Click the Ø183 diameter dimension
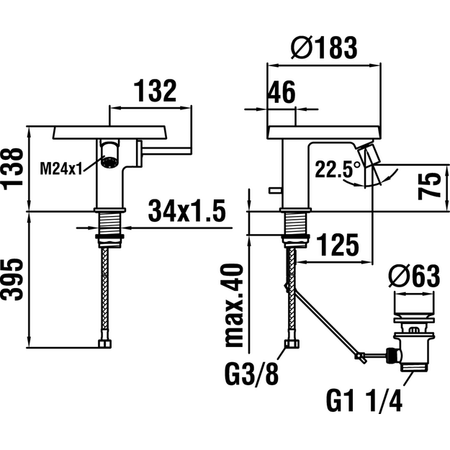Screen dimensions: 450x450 pyautogui.click(x=324, y=48)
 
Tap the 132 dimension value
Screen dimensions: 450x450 pyautogui.click(x=155, y=91)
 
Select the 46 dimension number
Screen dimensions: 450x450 pyautogui.click(x=282, y=92)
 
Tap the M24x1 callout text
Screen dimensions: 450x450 pyautogui.click(x=61, y=168)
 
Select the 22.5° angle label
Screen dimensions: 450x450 pyautogui.click(x=338, y=169)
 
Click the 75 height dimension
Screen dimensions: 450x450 pyautogui.click(x=429, y=186)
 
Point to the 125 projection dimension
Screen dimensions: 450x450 pyautogui.click(x=338, y=245)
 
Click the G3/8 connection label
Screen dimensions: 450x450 pyautogui.click(x=252, y=374)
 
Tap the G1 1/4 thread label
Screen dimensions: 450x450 pyautogui.click(x=364, y=400)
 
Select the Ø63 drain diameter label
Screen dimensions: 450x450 pyautogui.click(x=414, y=276)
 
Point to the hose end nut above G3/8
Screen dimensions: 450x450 pyautogui.click(x=292, y=344)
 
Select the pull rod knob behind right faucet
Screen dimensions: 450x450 pyautogui.click(x=275, y=189)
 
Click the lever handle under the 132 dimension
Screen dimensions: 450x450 pyautogui.click(x=164, y=151)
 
